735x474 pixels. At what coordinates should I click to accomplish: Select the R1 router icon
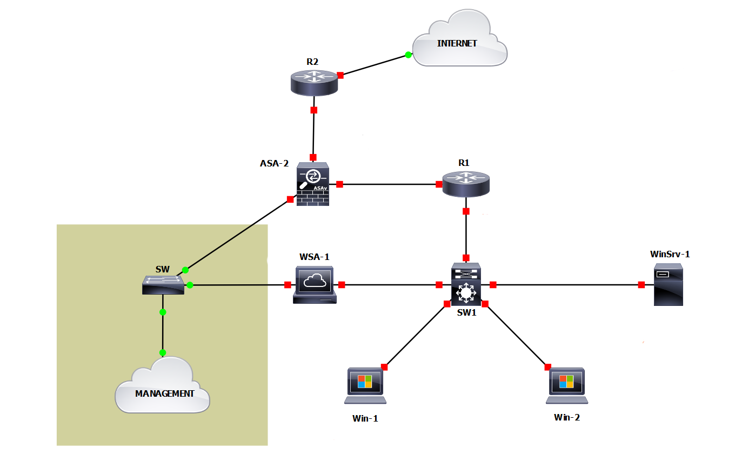465,183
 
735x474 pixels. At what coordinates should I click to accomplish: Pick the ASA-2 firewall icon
313,184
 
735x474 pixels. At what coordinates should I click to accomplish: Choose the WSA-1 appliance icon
314,284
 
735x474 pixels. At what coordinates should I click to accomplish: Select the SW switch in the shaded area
163,284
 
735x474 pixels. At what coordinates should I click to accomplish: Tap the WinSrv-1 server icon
668,285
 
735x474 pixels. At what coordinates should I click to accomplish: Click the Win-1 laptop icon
366,385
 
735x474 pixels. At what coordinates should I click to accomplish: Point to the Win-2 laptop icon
566,385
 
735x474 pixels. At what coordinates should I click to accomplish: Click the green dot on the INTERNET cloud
409,55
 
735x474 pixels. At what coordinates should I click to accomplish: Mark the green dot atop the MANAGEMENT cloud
163,352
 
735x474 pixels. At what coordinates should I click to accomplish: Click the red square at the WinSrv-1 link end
641,285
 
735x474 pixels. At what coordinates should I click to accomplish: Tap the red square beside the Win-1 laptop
384,367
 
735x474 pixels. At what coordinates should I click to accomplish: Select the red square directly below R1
466,211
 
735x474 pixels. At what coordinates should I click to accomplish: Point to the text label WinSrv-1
670,253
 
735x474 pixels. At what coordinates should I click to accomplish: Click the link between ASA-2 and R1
389,184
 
